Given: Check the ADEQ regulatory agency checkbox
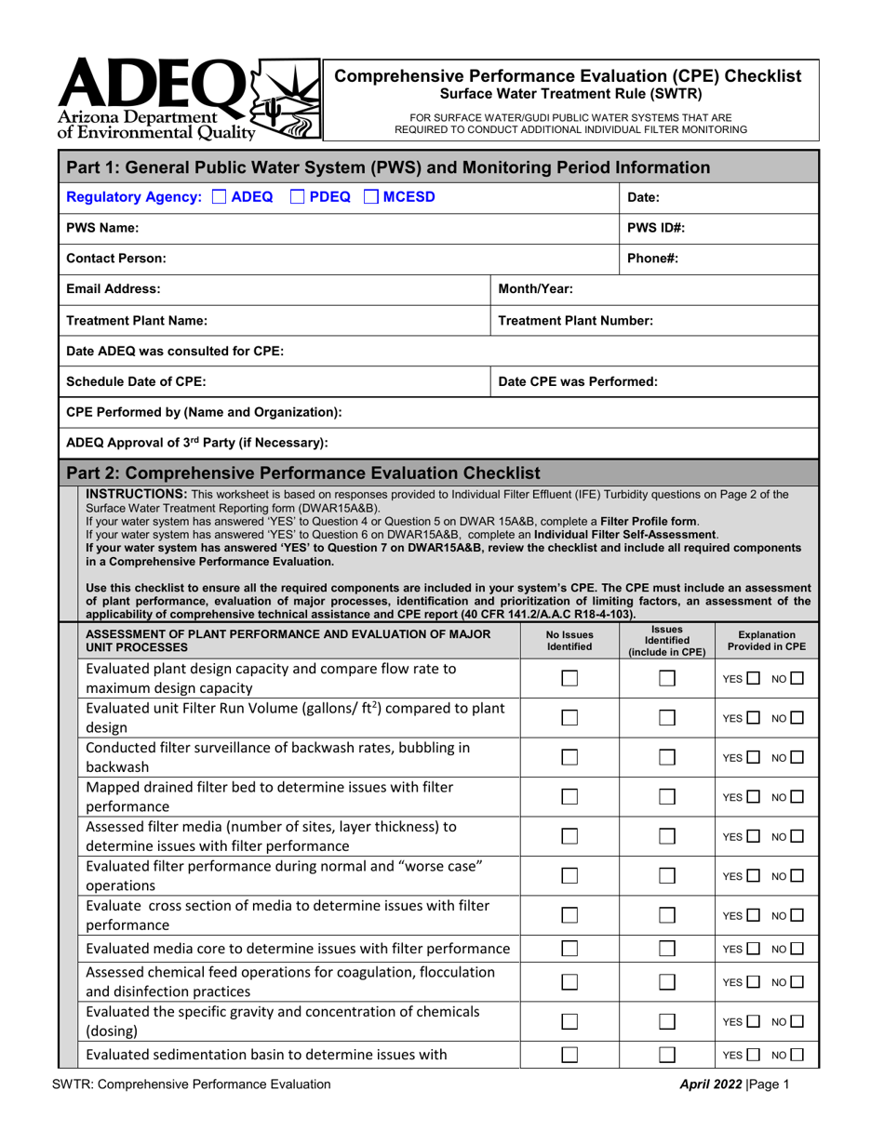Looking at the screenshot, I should [220, 195].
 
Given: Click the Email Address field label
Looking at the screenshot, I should [114, 289].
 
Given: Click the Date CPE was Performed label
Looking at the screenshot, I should [568, 381].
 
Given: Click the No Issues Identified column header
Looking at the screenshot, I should [569, 639].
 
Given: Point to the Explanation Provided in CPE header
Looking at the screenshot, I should [766, 639].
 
